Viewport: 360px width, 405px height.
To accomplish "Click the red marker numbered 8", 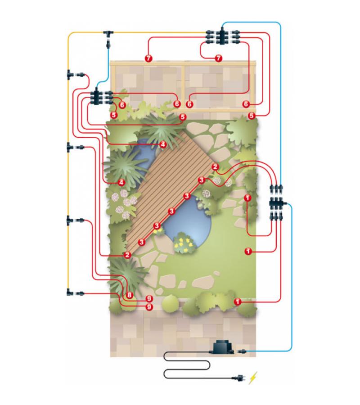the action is (x=130, y=295).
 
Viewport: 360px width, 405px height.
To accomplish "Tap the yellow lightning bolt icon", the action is (x=253, y=378).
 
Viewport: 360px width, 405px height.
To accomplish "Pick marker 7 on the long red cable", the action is (x=148, y=58).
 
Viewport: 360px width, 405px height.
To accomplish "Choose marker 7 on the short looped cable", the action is (x=219, y=58).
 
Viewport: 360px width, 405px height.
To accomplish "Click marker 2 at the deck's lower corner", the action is (x=127, y=255).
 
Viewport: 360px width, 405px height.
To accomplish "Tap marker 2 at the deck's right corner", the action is (x=215, y=167).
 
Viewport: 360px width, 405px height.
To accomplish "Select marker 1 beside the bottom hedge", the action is (x=237, y=301).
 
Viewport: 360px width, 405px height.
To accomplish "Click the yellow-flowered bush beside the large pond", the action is (x=184, y=243).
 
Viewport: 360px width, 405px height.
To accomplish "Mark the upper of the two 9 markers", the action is (x=149, y=299).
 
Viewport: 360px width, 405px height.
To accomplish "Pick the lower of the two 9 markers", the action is (x=149, y=307).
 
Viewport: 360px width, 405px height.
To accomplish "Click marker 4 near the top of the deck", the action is (x=163, y=144).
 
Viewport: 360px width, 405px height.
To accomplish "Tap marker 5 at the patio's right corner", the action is (x=252, y=116).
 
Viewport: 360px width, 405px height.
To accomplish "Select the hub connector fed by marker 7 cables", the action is (x=223, y=36).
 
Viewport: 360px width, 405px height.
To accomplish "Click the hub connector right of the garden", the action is (x=276, y=202).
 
